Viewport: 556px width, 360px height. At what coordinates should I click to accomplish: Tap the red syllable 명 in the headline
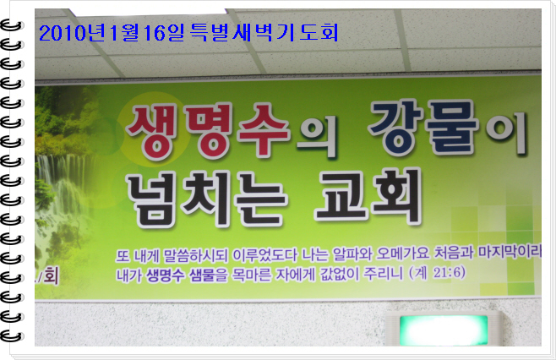(x=210, y=130)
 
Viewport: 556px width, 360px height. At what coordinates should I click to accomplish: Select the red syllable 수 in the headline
(x=264, y=130)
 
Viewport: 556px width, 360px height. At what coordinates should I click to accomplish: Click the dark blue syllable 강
(x=395, y=127)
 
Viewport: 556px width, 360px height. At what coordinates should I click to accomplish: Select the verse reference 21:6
(x=449, y=273)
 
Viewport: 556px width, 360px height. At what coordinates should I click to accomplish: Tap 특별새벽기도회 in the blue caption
(x=264, y=32)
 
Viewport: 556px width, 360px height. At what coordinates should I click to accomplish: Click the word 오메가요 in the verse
(x=403, y=254)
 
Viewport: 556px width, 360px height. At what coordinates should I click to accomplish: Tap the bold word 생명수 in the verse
(x=166, y=275)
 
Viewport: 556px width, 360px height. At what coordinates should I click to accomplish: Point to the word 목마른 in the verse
(x=252, y=275)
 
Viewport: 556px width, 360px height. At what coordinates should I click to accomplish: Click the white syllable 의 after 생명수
(x=316, y=136)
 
